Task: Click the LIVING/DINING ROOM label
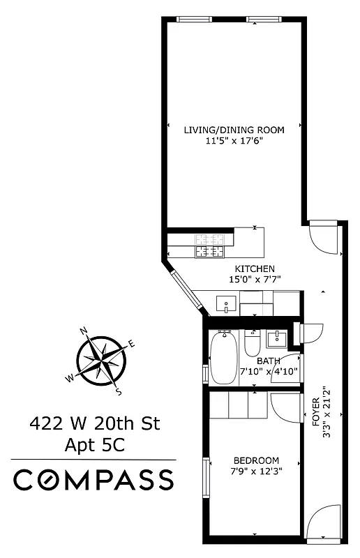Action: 234,129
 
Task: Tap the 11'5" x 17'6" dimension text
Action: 234,140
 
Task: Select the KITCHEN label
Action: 255,269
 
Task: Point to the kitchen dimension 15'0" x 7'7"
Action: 255,280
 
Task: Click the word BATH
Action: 269,361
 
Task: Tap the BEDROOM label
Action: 256,460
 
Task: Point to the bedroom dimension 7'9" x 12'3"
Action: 256,471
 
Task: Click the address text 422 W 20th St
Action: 94,423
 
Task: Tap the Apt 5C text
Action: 94,444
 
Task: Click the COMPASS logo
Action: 94,480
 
